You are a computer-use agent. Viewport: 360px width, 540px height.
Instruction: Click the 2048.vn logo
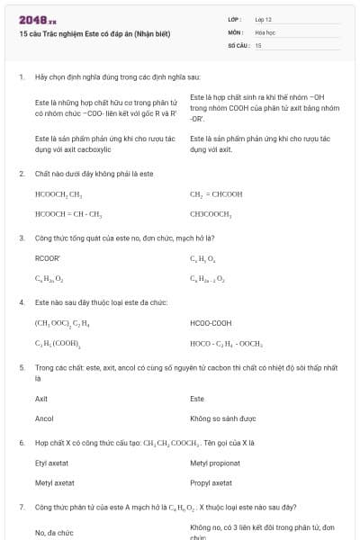coord(38,19)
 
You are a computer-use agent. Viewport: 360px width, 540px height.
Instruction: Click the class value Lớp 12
coord(263,19)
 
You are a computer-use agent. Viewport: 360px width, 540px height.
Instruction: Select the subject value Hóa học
coord(265,31)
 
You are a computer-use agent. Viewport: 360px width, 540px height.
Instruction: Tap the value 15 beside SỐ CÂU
coord(258,44)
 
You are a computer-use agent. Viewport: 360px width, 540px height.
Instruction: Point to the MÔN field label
coord(236,31)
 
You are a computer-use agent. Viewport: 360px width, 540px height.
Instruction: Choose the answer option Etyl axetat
coord(54,463)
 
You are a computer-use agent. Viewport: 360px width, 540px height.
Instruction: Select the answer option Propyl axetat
coord(212,483)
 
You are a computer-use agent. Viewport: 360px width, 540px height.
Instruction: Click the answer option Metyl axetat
coord(55,483)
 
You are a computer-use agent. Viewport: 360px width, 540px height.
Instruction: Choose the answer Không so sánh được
coord(223,418)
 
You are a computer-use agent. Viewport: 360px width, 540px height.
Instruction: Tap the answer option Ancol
coord(44,418)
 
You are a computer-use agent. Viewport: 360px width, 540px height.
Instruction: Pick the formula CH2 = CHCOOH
coord(217,193)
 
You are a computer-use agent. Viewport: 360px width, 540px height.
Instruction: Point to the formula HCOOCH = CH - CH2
coord(67,214)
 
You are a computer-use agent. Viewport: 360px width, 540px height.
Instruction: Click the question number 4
coord(21,302)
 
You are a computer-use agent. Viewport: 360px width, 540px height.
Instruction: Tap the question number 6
coord(21,444)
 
